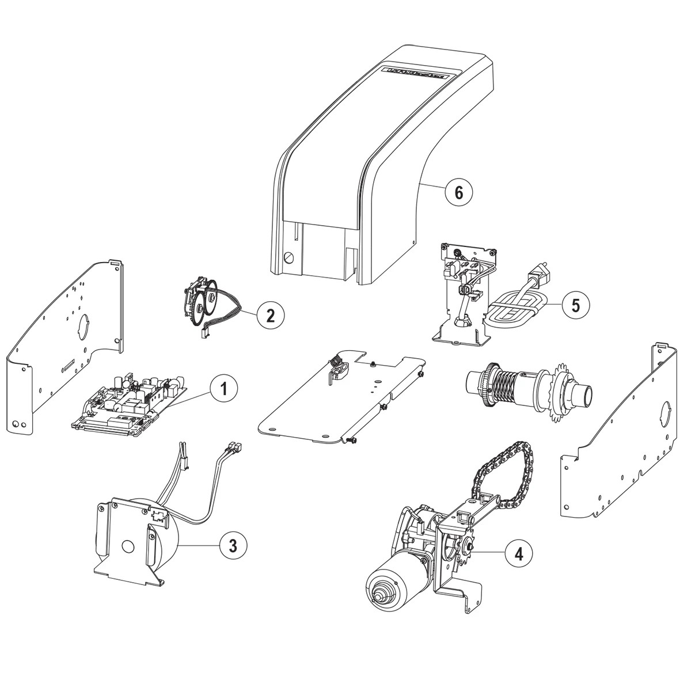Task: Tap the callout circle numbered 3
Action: (x=233, y=545)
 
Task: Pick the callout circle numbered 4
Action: (x=519, y=553)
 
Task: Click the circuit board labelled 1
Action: (x=130, y=401)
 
